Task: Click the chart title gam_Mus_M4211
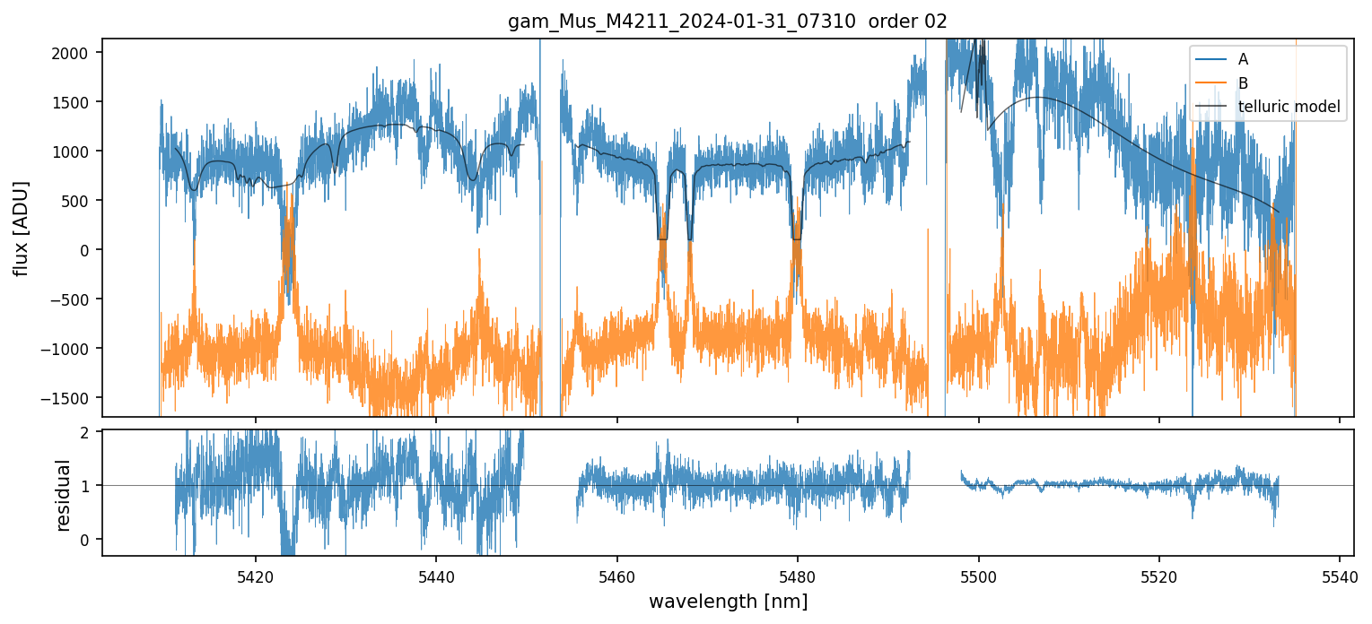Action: click(x=728, y=22)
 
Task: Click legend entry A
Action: click(x=1243, y=59)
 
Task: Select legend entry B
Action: click(x=1243, y=83)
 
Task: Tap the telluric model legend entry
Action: click(x=1289, y=107)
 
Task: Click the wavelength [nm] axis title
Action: click(x=728, y=601)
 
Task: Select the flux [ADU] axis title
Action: click(x=21, y=228)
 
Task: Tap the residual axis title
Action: click(x=63, y=495)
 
